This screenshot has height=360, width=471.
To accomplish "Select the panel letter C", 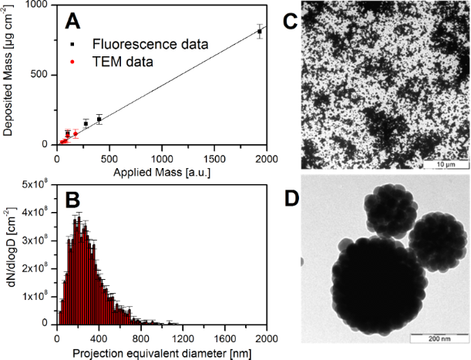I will point(291,22).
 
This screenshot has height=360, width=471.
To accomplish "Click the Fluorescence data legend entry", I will point(150,43).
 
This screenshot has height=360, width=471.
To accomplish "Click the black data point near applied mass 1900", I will point(260,31).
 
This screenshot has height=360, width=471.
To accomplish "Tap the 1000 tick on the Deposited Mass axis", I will point(39,5).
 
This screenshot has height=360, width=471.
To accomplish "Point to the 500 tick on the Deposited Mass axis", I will point(42,75).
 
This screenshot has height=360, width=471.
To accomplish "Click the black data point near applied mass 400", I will point(99,119).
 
